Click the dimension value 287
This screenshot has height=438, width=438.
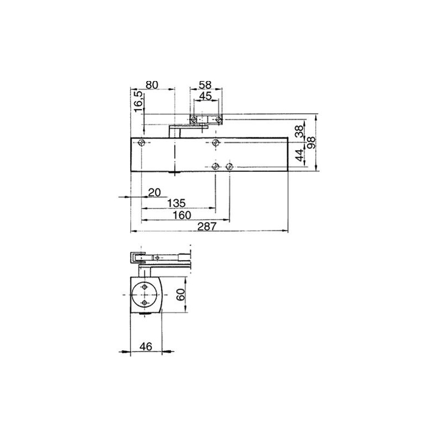207,226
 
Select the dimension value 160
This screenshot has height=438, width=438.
182,215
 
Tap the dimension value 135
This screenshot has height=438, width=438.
176,203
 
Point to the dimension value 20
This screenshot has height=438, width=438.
154,193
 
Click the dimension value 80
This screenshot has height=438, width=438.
152,85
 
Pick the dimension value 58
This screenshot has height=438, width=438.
205,85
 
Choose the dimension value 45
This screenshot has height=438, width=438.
206,96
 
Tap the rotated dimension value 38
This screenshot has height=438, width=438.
299,131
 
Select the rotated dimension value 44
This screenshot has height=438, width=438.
299,155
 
